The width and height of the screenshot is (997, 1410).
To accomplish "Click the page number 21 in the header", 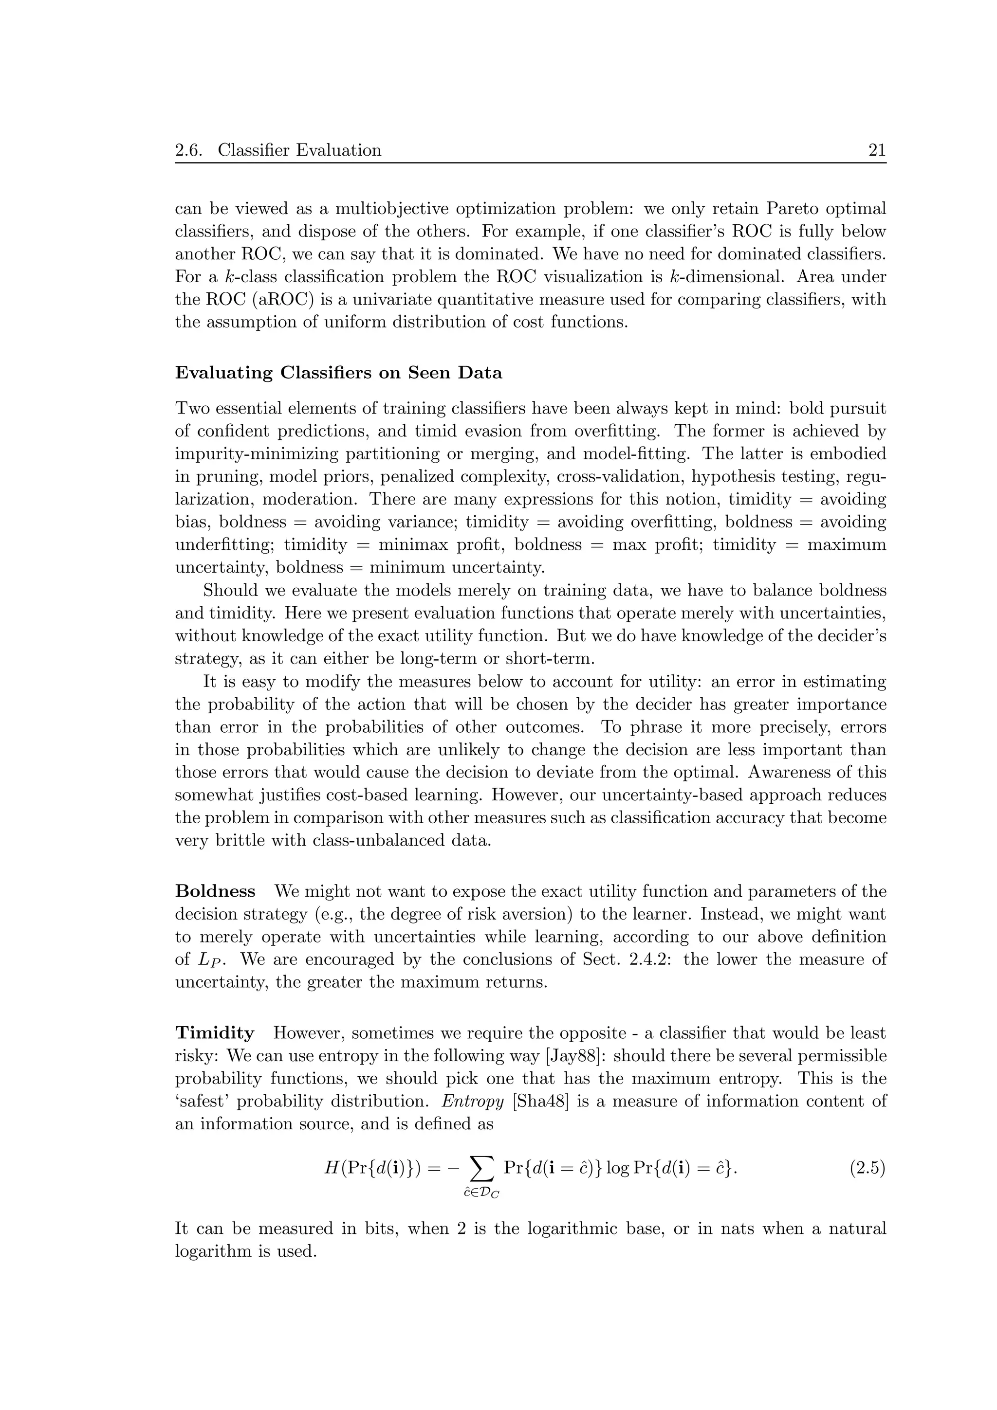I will pos(877,150).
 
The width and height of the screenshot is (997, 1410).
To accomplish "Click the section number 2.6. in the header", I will pos(188,150).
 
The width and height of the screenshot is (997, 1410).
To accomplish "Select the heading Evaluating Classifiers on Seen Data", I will pos(338,373).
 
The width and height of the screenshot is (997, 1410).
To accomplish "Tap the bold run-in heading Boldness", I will pos(215,891).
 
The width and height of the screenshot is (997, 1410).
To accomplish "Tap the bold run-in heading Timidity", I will pos(214,1033).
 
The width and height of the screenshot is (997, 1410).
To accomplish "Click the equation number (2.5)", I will pos(867,1169).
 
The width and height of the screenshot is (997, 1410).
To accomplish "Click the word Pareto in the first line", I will pos(783,209).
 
